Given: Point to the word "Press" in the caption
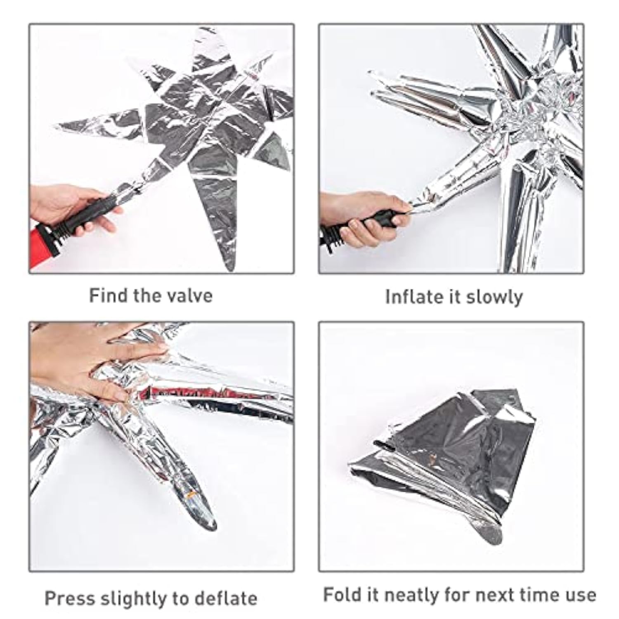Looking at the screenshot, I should [x=69, y=598].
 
